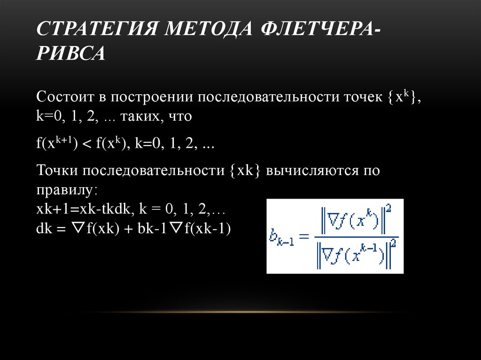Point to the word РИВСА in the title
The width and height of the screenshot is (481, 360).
click(70, 53)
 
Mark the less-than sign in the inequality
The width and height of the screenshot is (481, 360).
click(86, 144)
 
